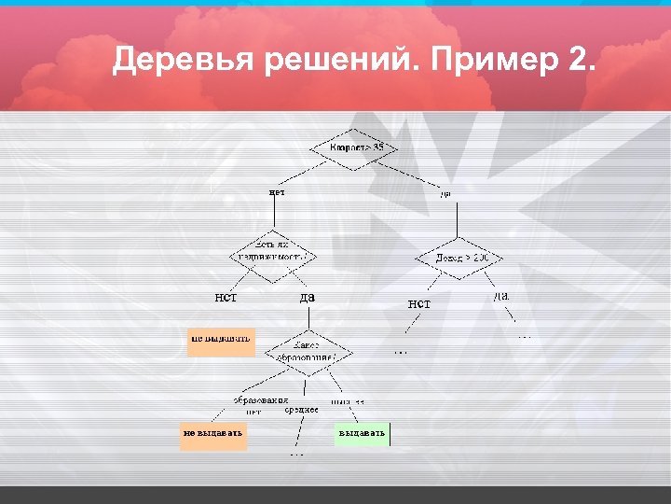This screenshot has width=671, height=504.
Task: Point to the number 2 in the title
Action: coord(579,62)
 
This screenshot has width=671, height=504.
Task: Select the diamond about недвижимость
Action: coord(273,251)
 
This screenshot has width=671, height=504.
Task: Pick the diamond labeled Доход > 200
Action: coord(458,257)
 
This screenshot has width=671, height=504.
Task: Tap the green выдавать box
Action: coord(363,434)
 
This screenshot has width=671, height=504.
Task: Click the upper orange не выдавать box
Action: coord(221,339)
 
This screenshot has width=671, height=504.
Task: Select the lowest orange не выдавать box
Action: coord(213,434)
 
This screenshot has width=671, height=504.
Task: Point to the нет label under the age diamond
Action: coord(277,192)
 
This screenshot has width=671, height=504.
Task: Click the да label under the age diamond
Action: coord(445,193)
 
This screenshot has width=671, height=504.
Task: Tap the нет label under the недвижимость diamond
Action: coord(226,298)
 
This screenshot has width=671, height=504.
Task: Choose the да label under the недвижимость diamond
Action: coord(307,298)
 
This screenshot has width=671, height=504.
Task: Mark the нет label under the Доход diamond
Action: coord(419,303)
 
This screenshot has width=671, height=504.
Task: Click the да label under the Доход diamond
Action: coord(500,296)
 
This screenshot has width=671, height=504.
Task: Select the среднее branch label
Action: coord(301,410)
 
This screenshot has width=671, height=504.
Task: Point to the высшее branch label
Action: coord(348,401)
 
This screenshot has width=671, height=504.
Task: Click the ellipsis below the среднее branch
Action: coord(296,455)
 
